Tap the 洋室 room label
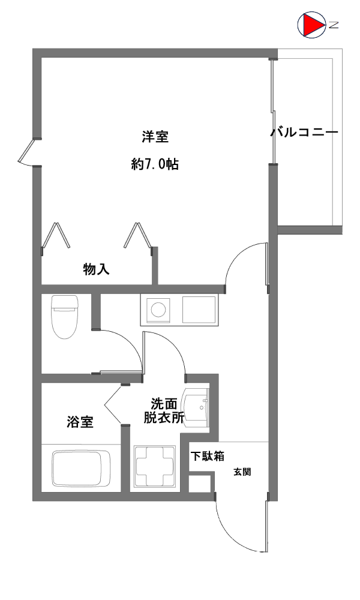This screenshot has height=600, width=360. point(155,137)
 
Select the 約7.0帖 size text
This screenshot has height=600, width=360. point(155,164)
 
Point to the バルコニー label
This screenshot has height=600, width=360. point(305,133)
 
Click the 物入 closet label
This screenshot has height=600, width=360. point(97,269)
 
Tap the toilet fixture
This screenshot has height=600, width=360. point(64,317)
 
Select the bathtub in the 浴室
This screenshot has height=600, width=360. point(81,469)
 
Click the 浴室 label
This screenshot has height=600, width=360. point(80,422)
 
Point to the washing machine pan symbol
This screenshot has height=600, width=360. point(155,466)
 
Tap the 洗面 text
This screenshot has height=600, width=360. point(164,404)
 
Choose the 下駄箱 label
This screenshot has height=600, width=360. point(208,456)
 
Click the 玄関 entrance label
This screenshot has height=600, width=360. point(242,472)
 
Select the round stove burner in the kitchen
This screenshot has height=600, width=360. point(158,309)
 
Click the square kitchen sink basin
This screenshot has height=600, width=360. point(199,310)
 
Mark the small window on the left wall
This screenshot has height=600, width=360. point(28,152)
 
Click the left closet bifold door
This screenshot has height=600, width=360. point(55,236)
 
